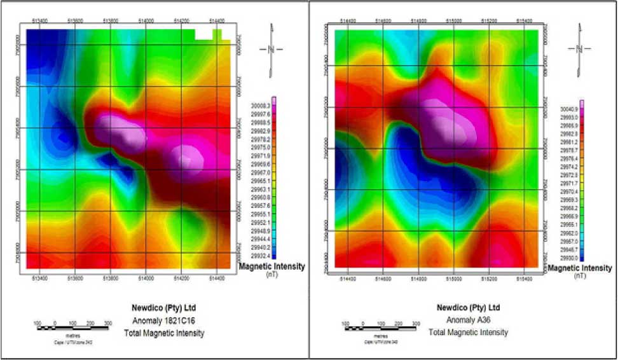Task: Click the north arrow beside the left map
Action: [x=271, y=48]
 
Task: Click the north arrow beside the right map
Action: [x=579, y=48]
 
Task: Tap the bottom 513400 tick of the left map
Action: [x=39, y=277]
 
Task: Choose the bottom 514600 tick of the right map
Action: [x=383, y=278]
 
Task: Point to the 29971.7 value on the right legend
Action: [x=568, y=183]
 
